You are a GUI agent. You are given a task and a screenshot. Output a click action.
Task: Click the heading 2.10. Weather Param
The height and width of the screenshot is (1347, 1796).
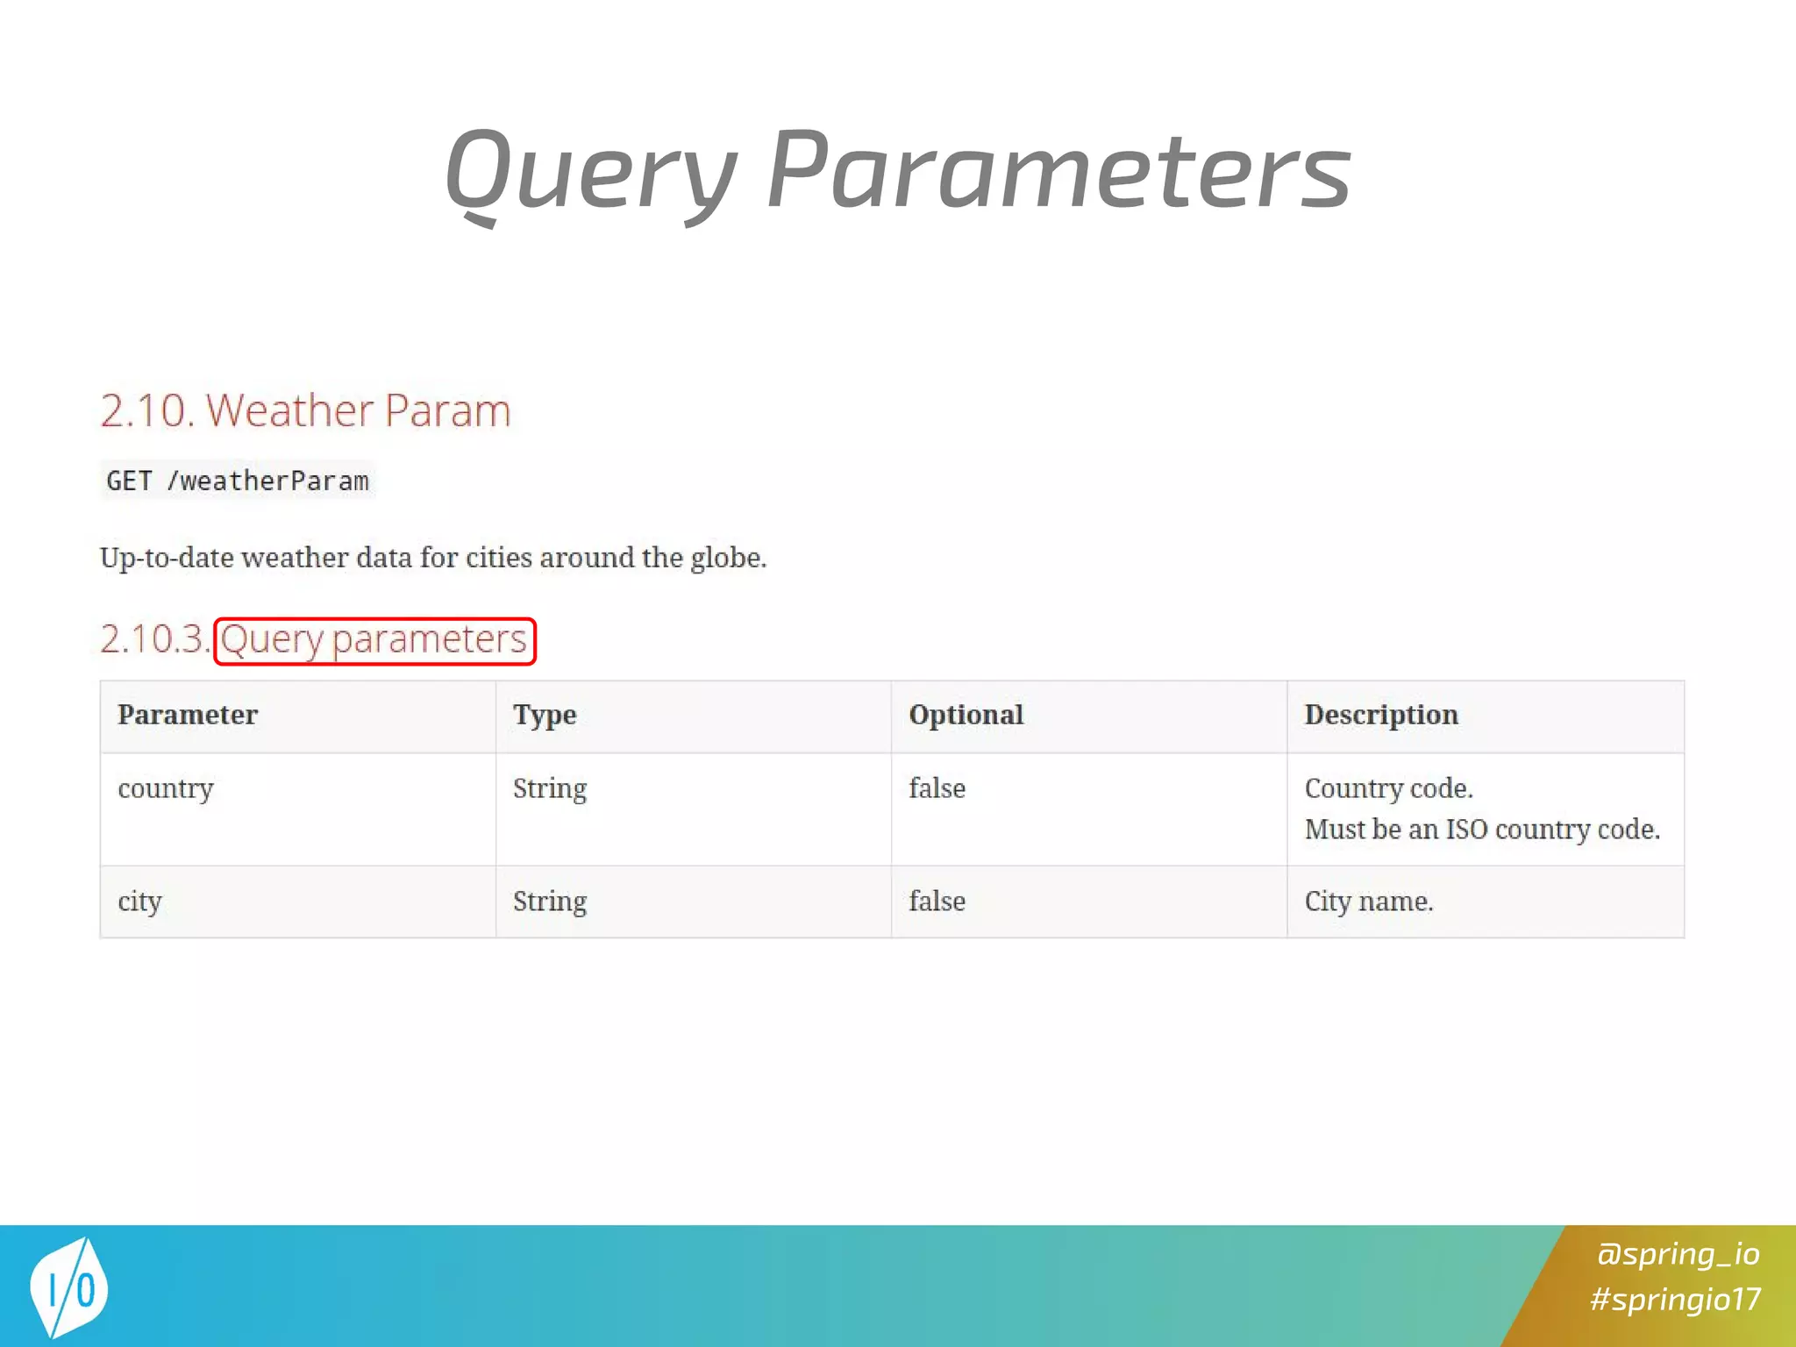(305, 410)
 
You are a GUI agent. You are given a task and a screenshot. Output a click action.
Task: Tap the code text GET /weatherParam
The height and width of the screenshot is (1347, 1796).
(238, 481)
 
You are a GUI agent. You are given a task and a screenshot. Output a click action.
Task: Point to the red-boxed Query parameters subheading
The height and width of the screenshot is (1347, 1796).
(374, 640)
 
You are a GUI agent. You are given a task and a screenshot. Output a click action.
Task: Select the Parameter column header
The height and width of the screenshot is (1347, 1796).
(188, 715)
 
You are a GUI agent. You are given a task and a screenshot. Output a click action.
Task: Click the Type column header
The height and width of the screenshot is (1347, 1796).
(545, 715)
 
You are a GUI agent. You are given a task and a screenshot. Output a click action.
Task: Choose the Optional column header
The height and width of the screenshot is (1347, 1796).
(966, 715)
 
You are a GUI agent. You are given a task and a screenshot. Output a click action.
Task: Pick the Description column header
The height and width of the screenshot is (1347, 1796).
(1381, 715)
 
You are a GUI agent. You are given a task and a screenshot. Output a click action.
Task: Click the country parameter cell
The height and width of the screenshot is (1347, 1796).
(166, 788)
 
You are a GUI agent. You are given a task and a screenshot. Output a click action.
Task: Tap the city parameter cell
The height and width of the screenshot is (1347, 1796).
(140, 902)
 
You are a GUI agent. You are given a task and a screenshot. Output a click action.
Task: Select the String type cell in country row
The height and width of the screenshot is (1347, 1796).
(550, 788)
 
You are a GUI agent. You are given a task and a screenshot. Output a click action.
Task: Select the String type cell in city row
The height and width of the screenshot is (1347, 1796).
(550, 902)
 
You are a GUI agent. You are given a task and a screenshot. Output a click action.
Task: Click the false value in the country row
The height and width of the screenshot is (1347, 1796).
(937, 788)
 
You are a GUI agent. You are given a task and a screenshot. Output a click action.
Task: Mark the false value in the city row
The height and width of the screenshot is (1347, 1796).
(937, 902)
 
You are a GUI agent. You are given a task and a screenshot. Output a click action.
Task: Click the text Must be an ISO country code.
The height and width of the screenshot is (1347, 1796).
(1482, 830)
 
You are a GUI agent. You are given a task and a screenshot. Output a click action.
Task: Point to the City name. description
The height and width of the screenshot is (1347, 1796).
(1368, 902)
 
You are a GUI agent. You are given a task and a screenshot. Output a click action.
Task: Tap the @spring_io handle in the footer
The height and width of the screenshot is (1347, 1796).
(1678, 1254)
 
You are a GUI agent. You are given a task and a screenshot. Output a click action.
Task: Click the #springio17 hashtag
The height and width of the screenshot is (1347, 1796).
(1675, 1299)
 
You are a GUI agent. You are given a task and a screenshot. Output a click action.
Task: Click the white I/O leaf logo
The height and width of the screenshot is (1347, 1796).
(69, 1287)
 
